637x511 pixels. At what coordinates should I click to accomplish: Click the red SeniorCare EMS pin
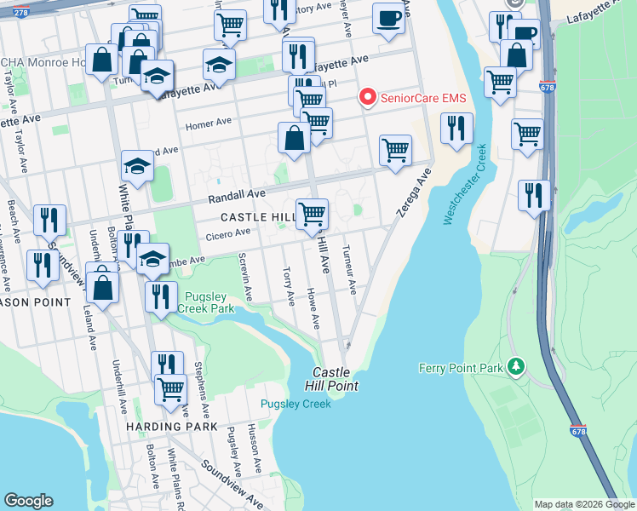pos(368,98)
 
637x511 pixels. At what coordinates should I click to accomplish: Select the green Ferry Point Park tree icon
pos(515,367)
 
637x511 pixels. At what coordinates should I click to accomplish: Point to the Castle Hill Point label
pos(334,379)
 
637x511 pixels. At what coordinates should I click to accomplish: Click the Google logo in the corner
pos(28,501)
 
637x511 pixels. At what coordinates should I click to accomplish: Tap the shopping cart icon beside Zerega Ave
pos(395,151)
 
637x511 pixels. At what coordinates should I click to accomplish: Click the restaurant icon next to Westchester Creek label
pos(456,129)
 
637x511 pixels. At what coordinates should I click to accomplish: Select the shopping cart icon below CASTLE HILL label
pos(313,213)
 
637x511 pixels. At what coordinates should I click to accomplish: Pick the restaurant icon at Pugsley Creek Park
pos(160,296)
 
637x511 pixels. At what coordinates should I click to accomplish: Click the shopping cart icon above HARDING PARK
pos(170,389)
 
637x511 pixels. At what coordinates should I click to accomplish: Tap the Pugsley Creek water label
pos(296,404)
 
